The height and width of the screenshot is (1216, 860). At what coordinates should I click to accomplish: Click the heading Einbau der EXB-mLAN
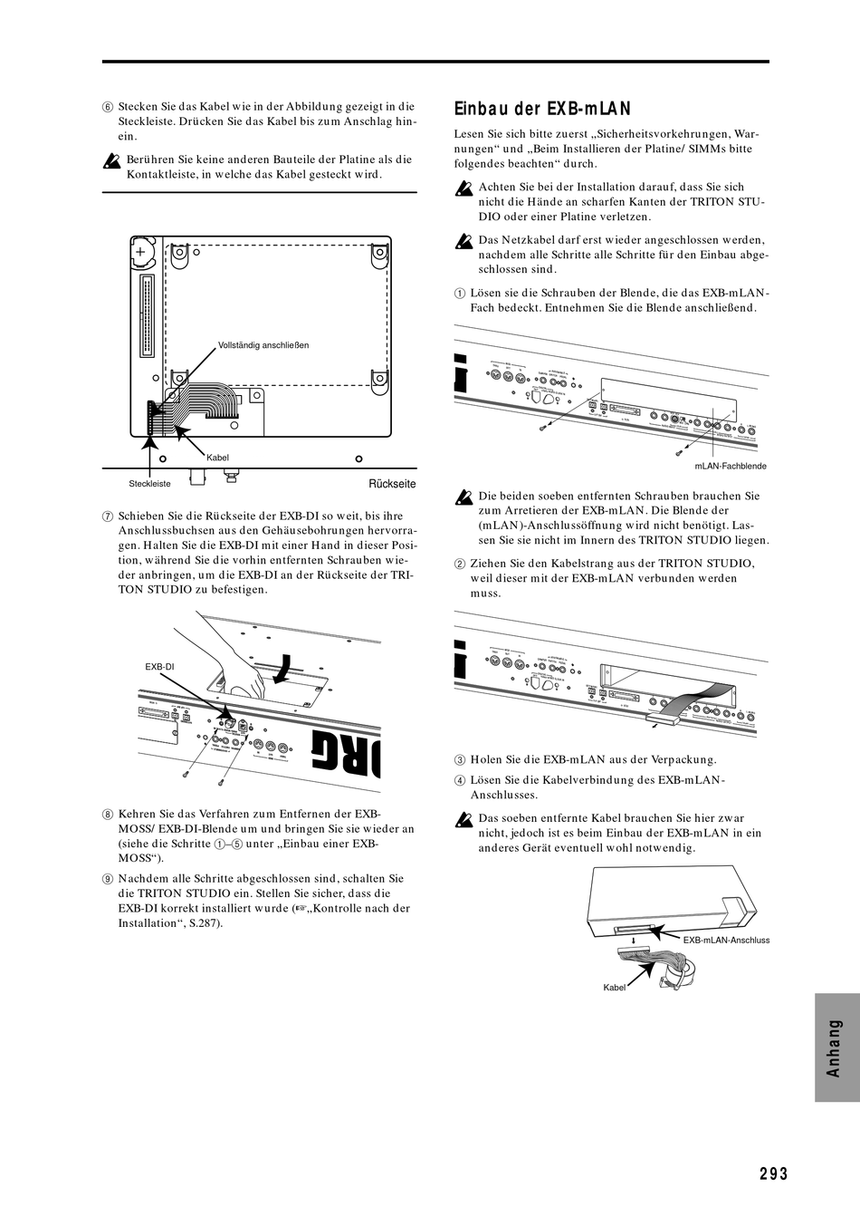[541, 110]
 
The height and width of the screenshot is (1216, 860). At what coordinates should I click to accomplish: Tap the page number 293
[774, 1173]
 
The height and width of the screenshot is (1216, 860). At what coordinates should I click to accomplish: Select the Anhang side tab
[836, 1047]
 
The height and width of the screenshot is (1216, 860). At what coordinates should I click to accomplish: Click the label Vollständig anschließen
[263, 344]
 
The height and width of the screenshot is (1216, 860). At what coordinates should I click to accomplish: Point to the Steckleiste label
[149, 484]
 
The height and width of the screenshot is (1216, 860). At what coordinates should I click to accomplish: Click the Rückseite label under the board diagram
[392, 484]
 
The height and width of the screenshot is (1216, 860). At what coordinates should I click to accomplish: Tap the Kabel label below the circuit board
[217, 458]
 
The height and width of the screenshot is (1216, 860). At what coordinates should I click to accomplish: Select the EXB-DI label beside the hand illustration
[159, 666]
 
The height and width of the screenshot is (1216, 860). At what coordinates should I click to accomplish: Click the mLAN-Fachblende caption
[731, 465]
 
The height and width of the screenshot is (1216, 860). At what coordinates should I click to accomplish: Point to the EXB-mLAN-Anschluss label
[726, 940]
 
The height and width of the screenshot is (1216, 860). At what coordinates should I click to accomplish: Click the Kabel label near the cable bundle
[615, 987]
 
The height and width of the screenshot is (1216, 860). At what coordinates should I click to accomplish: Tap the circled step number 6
[107, 106]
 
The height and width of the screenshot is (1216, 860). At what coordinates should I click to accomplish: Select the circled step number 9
[107, 879]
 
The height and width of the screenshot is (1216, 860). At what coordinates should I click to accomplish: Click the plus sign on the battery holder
[140, 251]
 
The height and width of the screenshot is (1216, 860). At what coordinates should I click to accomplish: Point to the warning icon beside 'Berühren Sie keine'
[111, 163]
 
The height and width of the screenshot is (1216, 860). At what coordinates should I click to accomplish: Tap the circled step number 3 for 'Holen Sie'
[460, 760]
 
